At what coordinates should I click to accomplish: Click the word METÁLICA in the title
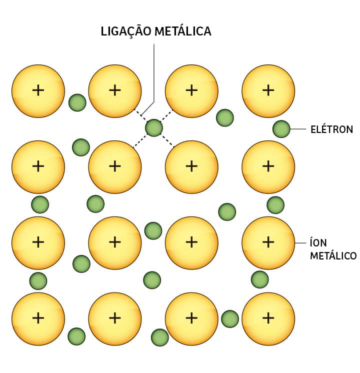183,31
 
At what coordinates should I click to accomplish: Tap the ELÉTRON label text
331,129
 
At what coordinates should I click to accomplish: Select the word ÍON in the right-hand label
318,242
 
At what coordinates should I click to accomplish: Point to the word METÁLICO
333,256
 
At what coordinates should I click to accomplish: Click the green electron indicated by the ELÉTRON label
281,129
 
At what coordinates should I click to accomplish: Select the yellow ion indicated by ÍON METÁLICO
268,242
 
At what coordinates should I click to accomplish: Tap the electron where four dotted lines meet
154,128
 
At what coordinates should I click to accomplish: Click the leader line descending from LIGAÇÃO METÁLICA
154,75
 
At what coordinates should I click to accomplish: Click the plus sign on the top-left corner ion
38,90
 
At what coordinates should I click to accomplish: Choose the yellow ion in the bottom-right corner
268,318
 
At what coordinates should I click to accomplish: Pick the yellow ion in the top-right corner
268,90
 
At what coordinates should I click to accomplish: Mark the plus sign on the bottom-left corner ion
38,318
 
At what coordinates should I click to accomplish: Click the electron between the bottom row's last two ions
230,318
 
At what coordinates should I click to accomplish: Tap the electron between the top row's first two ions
77,102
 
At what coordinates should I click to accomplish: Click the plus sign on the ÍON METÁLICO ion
268,242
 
